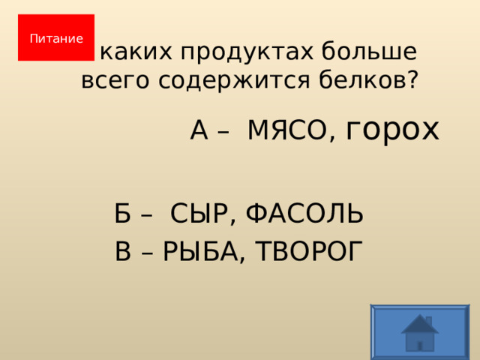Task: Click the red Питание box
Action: click(56, 37)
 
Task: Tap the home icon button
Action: click(419, 331)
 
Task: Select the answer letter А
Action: click(199, 130)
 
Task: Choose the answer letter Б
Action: click(123, 214)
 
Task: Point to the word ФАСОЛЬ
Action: click(305, 214)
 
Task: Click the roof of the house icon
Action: click(419, 323)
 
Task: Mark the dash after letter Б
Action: click(148, 216)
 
